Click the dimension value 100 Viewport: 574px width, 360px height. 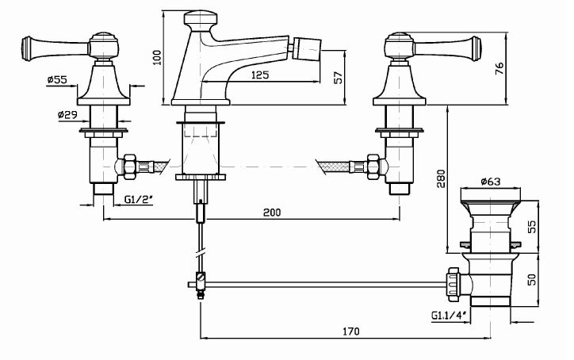(158, 56)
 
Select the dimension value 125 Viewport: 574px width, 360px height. (257, 75)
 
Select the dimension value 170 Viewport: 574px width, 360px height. (352, 330)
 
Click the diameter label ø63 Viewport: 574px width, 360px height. (491, 182)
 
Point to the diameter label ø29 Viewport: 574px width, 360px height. (67, 115)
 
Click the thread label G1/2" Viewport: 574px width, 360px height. (138, 200)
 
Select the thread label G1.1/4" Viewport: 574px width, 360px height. (449, 316)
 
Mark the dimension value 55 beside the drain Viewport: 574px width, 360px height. (532, 225)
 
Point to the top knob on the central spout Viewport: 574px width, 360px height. (201, 19)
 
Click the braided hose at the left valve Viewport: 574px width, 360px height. (157, 167)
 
